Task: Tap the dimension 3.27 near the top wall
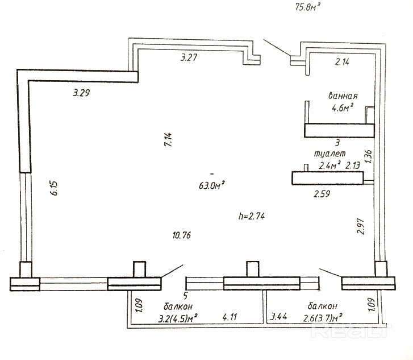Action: click(190, 57)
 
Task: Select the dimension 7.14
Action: click(168, 139)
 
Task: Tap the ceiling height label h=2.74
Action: click(252, 216)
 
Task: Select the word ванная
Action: click(343, 95)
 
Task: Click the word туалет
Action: click(329, 154)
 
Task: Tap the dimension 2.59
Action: click(323, 193)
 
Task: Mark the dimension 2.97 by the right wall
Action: click(359, 226)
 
